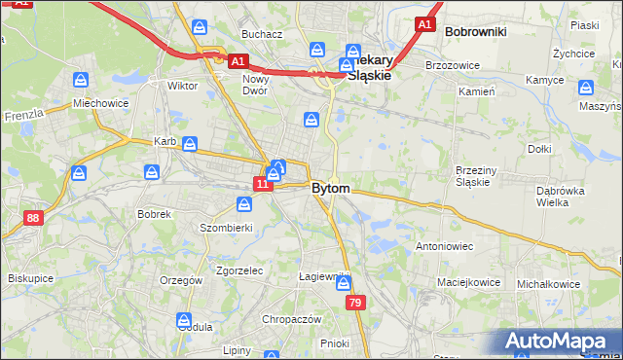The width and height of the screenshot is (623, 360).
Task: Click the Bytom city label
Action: point(331,188)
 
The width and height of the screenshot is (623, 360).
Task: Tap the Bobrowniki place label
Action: point(475,31)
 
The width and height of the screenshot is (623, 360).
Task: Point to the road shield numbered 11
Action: point(262,183)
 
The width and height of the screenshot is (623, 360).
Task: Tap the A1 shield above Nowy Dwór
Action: point(238,61)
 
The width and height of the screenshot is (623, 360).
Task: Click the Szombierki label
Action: point(226,227)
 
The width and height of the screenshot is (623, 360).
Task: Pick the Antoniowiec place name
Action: point(444,246)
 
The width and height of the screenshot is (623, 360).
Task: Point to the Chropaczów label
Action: point(291,319)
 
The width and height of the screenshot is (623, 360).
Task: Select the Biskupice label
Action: point(30,277)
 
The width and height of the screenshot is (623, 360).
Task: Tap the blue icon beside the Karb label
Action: point(191,145)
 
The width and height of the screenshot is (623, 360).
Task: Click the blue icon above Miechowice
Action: point(82,79)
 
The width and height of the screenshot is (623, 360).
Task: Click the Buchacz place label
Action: point(263,34)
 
